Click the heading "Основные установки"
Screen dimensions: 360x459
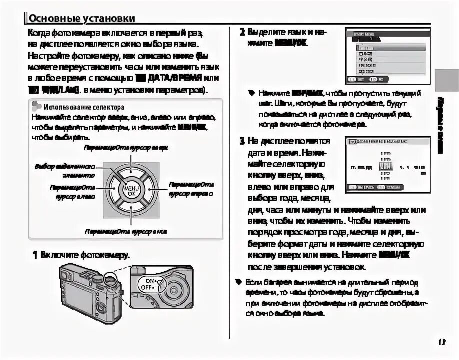coord(81,18)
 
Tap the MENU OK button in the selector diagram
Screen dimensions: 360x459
coord(131,189)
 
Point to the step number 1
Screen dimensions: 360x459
coord(35,255)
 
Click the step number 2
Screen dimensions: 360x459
coord(242,32)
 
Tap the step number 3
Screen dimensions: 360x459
coord(242,141)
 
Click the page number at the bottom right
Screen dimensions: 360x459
coord(441,342)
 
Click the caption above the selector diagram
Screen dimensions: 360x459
coord(125,148)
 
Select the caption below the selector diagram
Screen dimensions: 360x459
coord(125,232)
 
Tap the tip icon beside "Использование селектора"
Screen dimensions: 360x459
coord(36,106)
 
